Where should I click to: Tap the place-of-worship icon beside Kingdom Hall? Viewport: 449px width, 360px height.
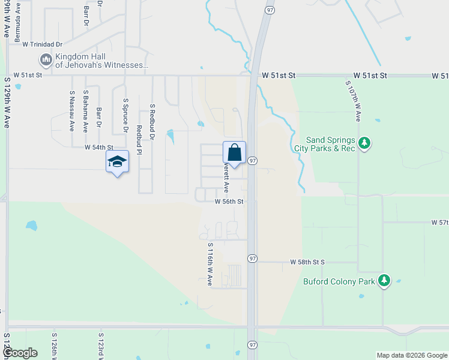click(46, 60)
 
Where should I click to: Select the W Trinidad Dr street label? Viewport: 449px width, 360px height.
click(42, 44)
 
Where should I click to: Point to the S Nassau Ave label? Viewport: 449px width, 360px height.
click(72, 111)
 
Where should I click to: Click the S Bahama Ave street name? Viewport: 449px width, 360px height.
click(86, 114)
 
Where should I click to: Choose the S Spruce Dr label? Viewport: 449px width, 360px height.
click(125, 116)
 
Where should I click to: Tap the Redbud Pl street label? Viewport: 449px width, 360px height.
click(139, 140)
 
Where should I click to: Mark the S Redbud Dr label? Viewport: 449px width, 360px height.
click(152, 123)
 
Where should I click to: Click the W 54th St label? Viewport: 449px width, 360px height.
click(98, 147)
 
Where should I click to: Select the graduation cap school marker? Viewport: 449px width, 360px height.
click(117, 161)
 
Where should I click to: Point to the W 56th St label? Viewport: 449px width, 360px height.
click(229, 202)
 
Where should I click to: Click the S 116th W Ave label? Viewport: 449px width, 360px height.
click(210, 264)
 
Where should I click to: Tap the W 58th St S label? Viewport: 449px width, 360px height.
click(307, 262)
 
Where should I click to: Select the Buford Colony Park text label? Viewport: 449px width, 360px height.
click(339, 281)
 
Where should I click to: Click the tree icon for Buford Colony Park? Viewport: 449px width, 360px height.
click(384, 280)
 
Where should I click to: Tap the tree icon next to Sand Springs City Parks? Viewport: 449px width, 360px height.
click(364, 143)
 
